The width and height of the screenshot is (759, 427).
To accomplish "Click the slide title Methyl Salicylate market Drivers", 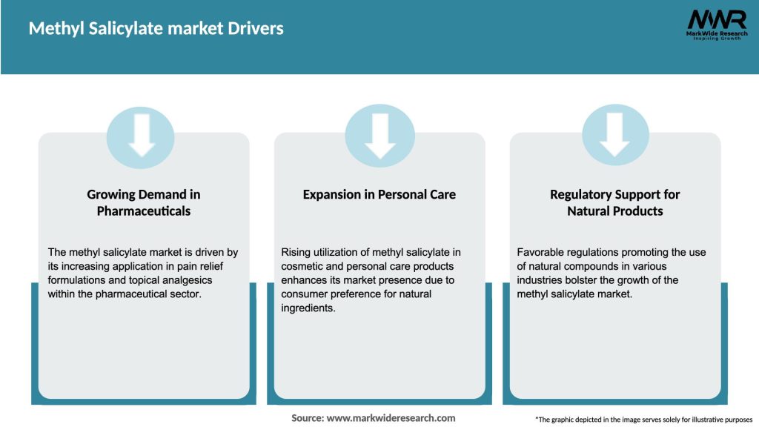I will (156, 29).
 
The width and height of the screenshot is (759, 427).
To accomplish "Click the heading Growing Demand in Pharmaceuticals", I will (144, 202).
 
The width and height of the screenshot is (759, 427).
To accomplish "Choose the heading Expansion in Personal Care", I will (379, 194).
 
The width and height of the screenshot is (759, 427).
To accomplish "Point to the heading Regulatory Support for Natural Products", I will (615, 202).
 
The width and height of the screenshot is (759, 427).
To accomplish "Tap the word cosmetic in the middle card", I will (302, 266).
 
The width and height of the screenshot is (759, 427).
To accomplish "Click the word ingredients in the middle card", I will (308, 308).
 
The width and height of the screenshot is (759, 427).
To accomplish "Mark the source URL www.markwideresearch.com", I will (391, 418).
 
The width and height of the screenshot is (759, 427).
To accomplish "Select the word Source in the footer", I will (307, 418).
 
